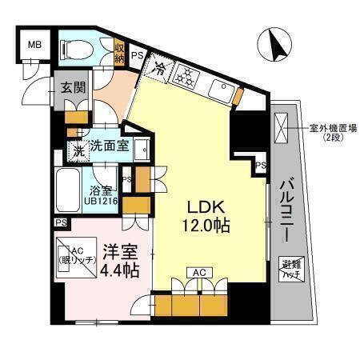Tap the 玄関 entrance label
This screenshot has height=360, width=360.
pos(70,88)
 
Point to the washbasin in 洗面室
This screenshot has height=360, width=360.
pos(142,149)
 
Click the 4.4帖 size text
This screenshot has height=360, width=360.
pos(121,270)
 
